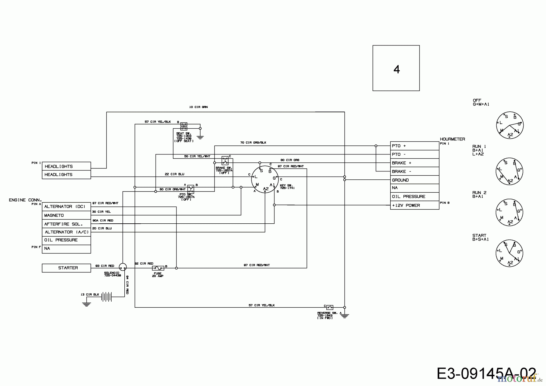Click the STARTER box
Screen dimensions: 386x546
(x=66, y=268)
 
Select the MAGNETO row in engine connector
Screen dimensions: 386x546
(x=66, y=215)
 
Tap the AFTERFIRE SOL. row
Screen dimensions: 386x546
(x=66, y=224)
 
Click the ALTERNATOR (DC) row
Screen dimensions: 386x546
(x=66, y=207)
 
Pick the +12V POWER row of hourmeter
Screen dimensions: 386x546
(x=414, y=205)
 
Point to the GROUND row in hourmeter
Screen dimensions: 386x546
(x=414, y=180)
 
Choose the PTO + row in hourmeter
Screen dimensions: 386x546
(x=414, y=146)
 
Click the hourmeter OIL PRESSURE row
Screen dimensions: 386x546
(x=414, y=197)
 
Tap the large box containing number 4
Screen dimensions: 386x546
(x=396, y=68)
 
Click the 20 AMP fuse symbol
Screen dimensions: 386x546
(x=158, y=268)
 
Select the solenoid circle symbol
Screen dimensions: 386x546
(x=123, y=267)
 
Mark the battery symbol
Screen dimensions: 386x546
(x=106, y=297)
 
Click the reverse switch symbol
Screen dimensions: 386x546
(x=330, y=307)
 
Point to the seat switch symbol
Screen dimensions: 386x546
(x=184, y=127)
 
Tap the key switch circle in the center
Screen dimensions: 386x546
(x=265, y=179)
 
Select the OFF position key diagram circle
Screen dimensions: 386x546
(x=510, y=125)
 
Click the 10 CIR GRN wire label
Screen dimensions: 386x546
(x=198, y=107)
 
